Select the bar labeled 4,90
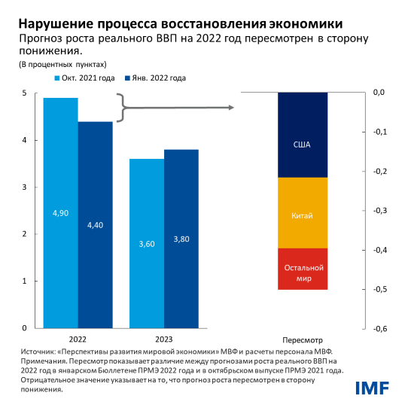coord(60,213)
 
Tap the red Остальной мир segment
coord(302,268)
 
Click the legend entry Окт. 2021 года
coord(85,78)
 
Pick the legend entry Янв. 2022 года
coord(157,78)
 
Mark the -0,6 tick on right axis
coord(379,328)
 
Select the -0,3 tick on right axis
coord(379,211)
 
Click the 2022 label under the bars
coord(78,339)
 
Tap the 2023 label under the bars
coord(164,339)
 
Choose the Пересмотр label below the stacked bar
coord(302,339)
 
